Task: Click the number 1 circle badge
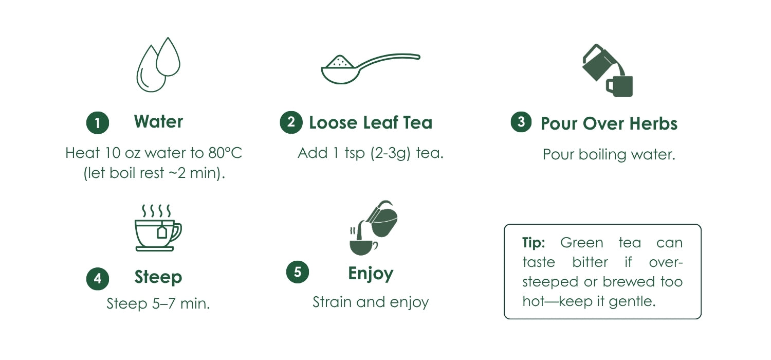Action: (98, 123)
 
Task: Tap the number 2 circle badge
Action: (291, 122)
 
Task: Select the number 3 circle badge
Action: (521, 122)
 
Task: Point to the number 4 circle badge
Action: (98, 279)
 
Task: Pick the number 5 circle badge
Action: (298, 272)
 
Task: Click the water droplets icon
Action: (158, 64)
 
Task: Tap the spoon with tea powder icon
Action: (371, 69)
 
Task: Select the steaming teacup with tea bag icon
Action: (158, 228)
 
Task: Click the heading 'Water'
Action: (158, 121)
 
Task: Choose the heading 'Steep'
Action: (158, 277)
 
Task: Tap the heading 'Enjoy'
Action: (371, 274)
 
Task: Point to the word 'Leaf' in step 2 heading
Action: (380, 122)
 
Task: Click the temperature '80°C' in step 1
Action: (225, 153)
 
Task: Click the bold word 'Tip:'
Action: (534, 243)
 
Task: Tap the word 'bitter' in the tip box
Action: (590, 262)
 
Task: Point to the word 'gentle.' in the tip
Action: (632, 302)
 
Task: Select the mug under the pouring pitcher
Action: (619, 86)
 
